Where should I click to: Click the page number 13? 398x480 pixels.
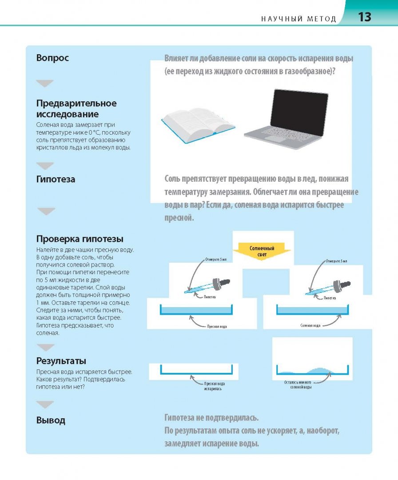coord(364,17)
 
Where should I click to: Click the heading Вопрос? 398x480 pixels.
coord(52,57)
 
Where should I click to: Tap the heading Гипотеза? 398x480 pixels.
coord(56,179)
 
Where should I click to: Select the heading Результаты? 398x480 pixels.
coord(61,360)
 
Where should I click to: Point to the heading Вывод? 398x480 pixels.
coord(51,420)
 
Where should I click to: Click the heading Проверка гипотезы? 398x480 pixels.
coord(80,239)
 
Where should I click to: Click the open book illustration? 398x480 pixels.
coord(198,124)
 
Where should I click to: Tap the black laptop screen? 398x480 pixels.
coord(299,112)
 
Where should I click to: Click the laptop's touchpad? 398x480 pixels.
coord(275,138)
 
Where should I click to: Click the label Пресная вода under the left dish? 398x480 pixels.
coord(217,327)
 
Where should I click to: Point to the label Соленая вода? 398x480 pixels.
coord(310,325)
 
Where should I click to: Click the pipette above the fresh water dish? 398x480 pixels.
coord(207,286)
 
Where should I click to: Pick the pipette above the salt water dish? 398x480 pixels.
coord(328,288)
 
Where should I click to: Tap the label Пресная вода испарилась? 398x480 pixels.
coord(215,386)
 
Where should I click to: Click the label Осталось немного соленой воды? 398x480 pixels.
coord(298,384)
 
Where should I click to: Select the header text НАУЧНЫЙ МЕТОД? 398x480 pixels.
coord(298,19)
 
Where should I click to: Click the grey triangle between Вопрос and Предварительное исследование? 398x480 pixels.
coord(45,83)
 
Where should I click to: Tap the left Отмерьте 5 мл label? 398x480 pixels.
coord(216,260)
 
